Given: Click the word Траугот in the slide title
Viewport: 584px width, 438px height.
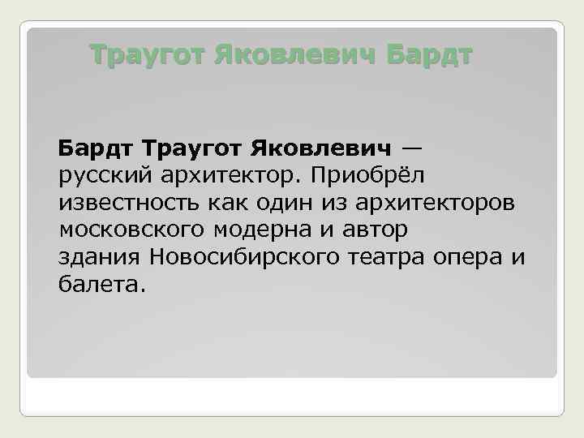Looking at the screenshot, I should click(148, 56).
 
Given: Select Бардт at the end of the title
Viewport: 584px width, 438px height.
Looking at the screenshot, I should click(430, 56).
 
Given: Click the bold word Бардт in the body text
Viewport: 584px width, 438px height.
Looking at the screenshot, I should click(97, 149).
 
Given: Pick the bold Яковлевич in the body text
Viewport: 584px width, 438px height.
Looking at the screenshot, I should click(324, 149).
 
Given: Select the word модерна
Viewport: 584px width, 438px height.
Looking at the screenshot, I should click(259, 230).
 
